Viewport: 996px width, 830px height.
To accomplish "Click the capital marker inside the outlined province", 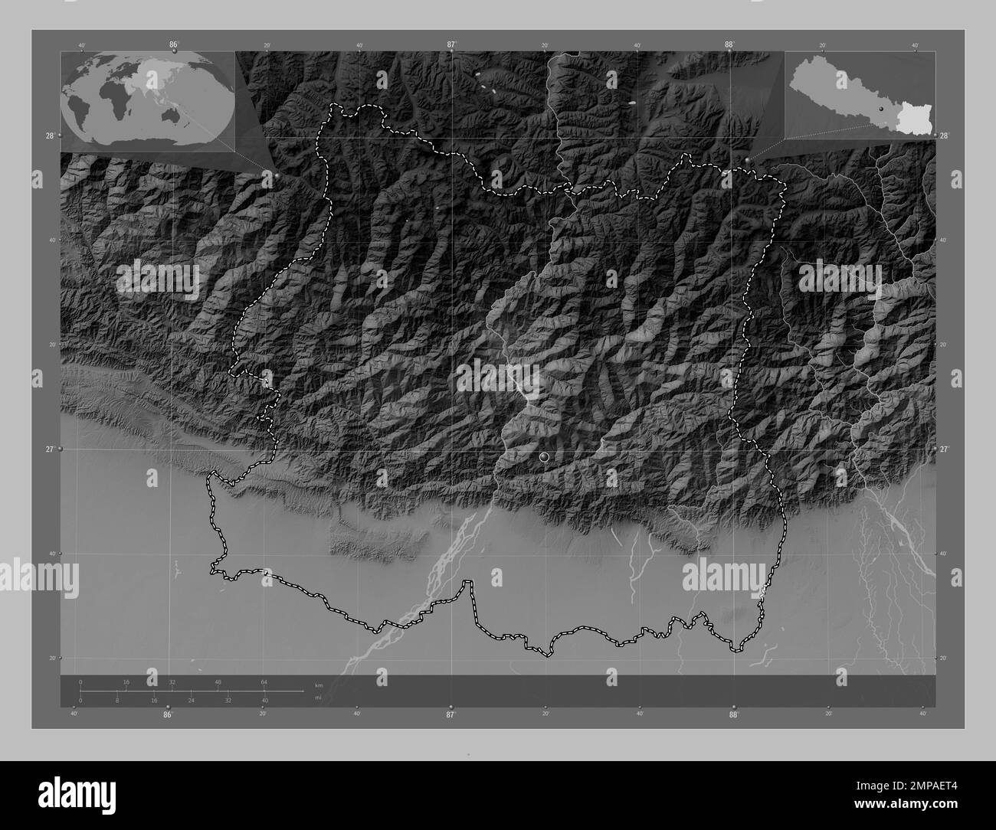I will (x=544, y=457).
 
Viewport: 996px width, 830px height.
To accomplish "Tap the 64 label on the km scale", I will (x=264, y=681).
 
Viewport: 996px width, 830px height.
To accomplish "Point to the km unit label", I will (x=319, y=684).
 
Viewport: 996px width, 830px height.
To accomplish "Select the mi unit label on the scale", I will (x=318, y=698).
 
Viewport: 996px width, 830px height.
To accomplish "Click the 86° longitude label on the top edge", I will (x=174, y=45).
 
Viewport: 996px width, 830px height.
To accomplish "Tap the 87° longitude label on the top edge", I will (x=451, y=45).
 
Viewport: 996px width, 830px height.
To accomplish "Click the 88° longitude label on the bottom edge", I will (x=733, y=714).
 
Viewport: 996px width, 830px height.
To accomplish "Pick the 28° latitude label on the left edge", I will (x=49, y=136).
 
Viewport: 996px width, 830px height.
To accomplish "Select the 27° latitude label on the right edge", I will (x=945, y=449).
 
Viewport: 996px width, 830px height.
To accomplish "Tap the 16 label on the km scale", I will (x=126, y=681).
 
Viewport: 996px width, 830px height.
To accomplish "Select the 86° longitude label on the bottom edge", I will (x=167, y=714).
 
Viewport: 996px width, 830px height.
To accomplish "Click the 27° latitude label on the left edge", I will (x=50, y=449).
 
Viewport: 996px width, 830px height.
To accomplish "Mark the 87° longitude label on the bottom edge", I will (x=450, y=714).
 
